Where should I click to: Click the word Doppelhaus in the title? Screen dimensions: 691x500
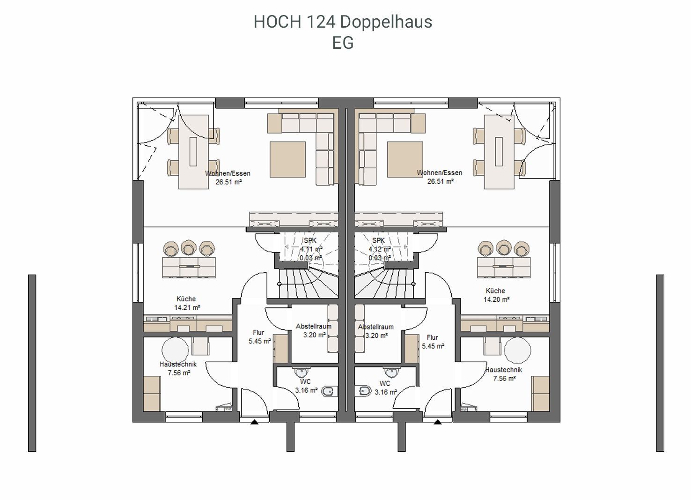[386, 22]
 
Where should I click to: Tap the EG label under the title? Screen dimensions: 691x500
[343, 43]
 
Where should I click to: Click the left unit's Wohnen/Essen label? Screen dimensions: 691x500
[228, 173]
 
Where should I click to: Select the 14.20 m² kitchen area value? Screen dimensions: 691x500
[496, 299]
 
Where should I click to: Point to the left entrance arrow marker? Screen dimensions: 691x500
[254, 422]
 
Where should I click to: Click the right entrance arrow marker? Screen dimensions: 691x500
[437, 422]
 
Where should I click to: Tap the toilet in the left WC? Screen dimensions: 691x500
[329, 392]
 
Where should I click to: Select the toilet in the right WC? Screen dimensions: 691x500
[363, 391]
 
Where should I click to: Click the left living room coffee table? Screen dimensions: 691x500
[287, 159]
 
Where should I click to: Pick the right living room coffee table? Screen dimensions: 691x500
[405, 159]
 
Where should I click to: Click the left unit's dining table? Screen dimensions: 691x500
[194, 152]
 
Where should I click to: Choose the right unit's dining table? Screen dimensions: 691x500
[499, 152]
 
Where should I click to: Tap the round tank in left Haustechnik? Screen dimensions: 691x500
[175, 351]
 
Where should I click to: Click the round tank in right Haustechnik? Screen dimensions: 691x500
[517, 351]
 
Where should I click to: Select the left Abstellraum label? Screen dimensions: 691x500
[313, 326]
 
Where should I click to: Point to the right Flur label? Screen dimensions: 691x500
[433, 337]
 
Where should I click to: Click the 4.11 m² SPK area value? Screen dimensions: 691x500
[311, 249]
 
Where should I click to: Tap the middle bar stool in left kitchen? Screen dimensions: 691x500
[189, 248]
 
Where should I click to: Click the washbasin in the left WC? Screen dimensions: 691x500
[301, 373]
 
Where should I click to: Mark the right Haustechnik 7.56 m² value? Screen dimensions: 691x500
[504, 378]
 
